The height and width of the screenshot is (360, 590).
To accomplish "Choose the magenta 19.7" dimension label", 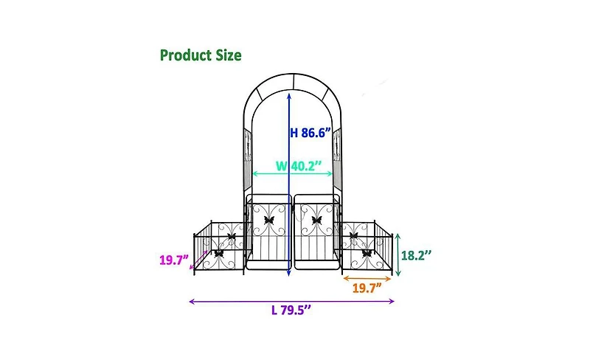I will click(174, 260).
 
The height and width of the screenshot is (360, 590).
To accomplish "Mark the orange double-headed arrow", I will click(367, 278).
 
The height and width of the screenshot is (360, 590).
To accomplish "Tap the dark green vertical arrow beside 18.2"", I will click(398, 255).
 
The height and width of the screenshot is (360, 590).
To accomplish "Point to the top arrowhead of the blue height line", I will click(288, 101).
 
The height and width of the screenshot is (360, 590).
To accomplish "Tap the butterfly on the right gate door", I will click(317, 219).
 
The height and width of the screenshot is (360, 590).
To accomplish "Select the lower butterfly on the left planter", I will click(218, 253).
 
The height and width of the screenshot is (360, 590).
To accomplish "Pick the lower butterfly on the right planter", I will click(367, 253).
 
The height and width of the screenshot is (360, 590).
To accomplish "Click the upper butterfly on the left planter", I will click(232, 238).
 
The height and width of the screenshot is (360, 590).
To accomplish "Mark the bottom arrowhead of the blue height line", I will click(288, 273).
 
